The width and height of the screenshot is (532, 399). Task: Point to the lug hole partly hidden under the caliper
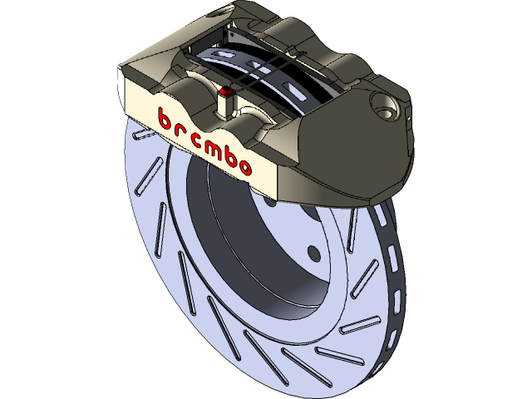(x=272, y=202)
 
